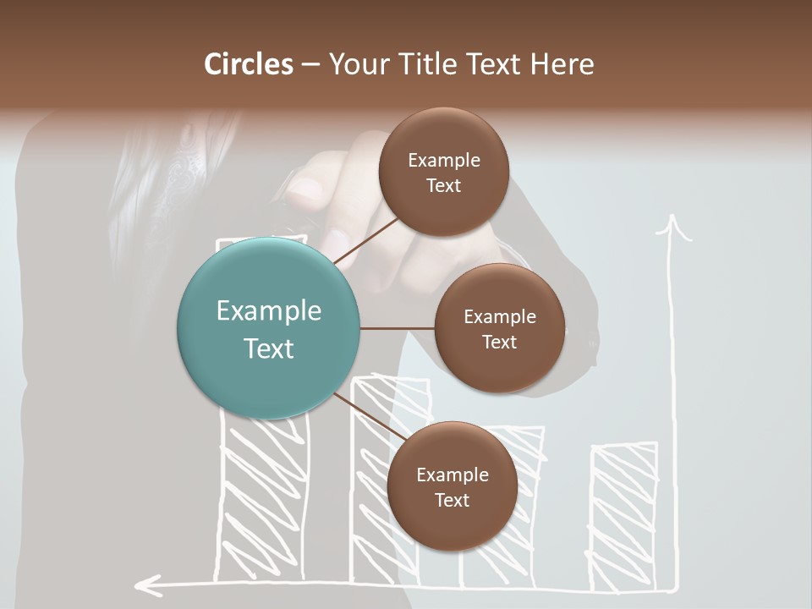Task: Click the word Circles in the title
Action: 248,64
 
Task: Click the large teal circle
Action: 268,328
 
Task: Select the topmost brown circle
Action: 443,173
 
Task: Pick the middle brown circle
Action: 499,328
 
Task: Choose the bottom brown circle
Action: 452,486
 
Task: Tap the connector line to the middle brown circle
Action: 398,328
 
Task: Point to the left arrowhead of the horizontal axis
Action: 147,584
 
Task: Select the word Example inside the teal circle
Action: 268,311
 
